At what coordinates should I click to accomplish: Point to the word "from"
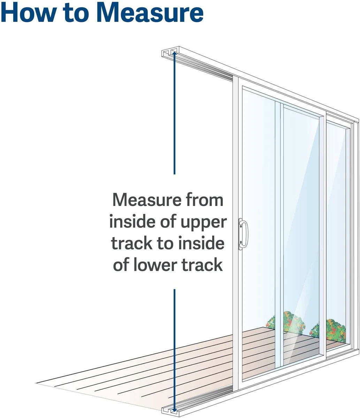click(205, 200)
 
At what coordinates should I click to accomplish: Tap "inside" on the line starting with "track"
click(201, 243)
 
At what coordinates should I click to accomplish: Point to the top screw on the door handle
click(240, 225)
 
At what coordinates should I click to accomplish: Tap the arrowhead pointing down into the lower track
click(174, 410)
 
